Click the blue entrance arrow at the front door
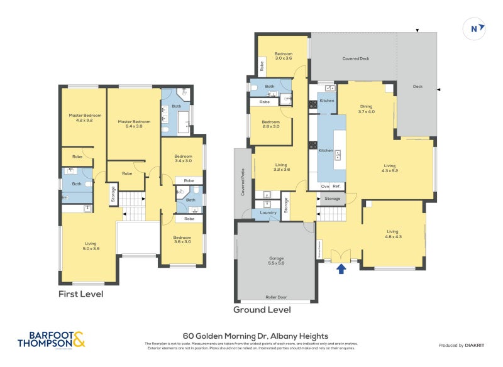[341, 269]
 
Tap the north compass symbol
[475, 28]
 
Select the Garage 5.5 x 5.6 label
[277, 261]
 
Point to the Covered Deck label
[355, 58]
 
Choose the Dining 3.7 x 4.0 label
[366, 109]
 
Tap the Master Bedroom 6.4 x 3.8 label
[133, 124]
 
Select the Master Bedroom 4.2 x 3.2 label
[84, 118]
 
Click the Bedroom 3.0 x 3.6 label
[284, 56]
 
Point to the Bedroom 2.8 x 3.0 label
[270, 124]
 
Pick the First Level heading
[80, 294]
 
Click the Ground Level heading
[262, 310]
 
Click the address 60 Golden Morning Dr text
[255, 336]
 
